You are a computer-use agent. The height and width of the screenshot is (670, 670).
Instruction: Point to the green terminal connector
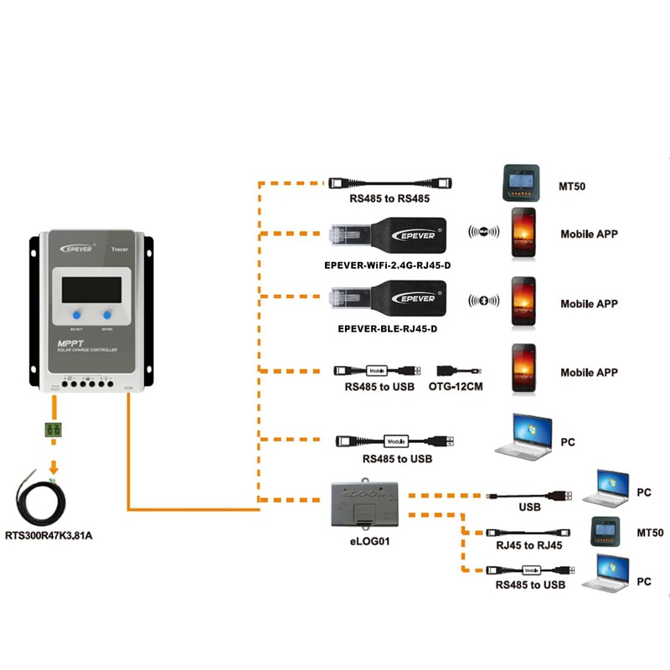pos(55,430)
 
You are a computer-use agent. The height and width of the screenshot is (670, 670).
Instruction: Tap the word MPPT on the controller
pos(70,343)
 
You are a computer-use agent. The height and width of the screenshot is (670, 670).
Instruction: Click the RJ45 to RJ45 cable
pos(527,533)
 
